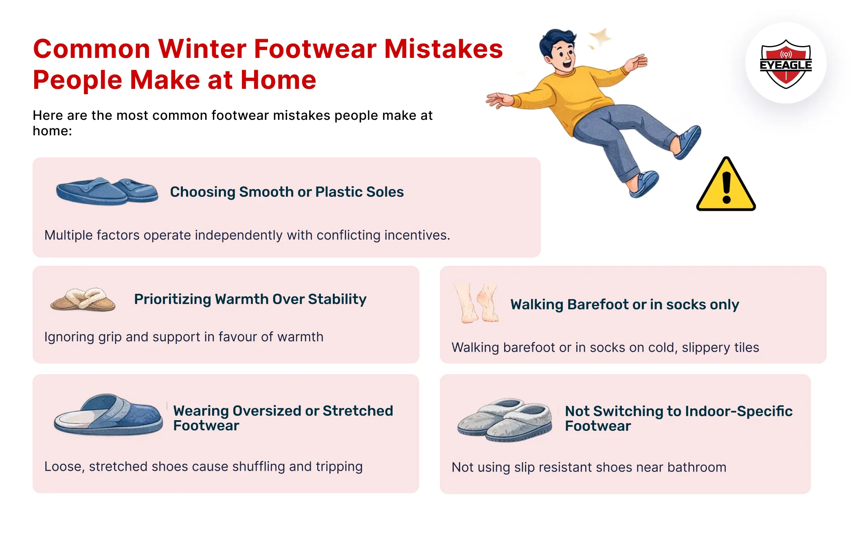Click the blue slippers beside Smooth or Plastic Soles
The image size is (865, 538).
click(x=107, y=191)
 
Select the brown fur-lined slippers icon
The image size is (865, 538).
click(x=83, y=300)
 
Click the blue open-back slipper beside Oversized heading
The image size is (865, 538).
click(x=108, y=415)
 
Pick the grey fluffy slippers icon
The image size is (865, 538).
click(x=505, y=420)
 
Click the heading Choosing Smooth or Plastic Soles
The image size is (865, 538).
click(x=286, y=192)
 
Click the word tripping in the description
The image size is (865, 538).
click(x=339, y=466)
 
